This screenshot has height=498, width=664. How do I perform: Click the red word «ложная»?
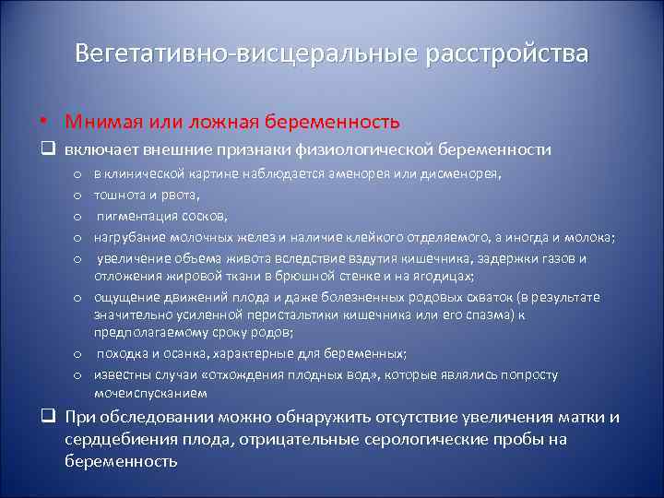click(196, 122)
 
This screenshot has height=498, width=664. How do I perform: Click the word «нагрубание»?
click(130, 237)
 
